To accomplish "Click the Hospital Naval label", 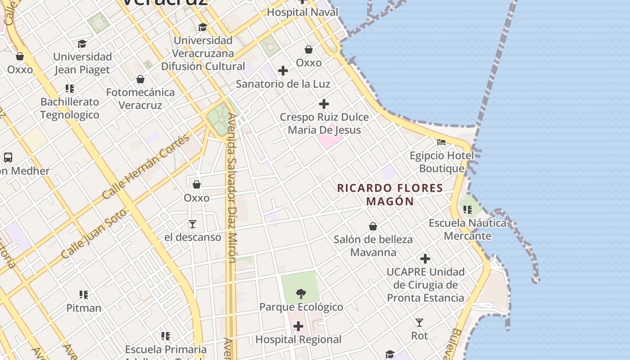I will click(x=302, y=12).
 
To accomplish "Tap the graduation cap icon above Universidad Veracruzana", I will click(x=202, y=27).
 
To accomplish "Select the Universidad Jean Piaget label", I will click(x=82, y=63).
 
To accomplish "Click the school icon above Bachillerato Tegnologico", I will click(x=69, y=88).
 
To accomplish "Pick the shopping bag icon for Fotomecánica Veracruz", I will click(x=140, y=79).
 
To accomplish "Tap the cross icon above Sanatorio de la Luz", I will click(x=283, y=71).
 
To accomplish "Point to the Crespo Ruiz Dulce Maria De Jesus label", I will click(x=324, y=123).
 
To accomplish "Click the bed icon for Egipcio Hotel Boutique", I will click(x=441, y=142).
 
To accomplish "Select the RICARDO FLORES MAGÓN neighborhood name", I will click(x=390, y=194).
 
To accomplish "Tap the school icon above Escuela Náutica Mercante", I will click(x=468, y=209).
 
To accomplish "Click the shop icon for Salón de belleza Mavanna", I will click(x=373, y=226).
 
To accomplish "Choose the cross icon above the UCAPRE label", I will click(x=425, y=259).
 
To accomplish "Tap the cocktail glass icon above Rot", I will click(x=419, y=322).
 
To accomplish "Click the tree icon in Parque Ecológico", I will click(x=301, y=294).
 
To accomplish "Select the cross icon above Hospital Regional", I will click(x=298, y=326).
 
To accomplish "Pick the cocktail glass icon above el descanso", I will click(x=193, y=224).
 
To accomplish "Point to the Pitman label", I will click(x=84, y=308).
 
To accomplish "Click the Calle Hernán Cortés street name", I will click(x=146, y=167).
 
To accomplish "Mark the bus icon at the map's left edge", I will click(x=8, y=157).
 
